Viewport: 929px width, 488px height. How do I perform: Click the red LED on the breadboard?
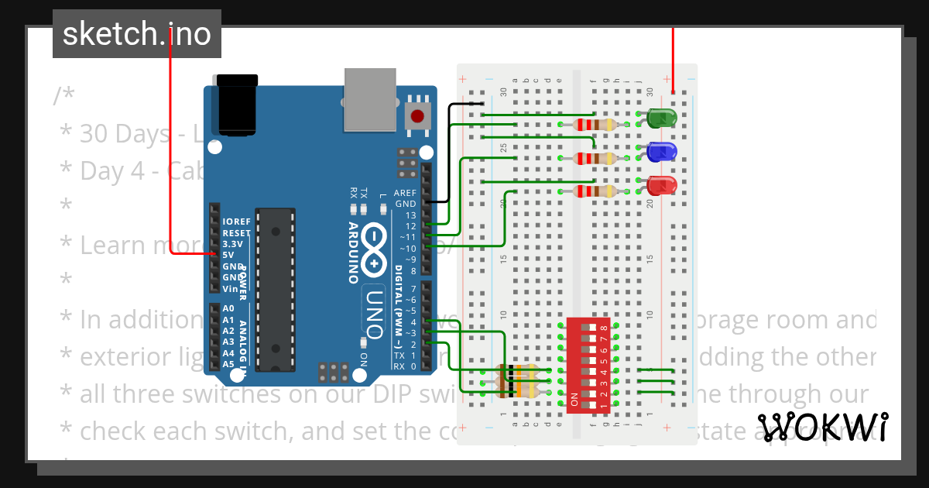pyautogui.click(x=660, y=186)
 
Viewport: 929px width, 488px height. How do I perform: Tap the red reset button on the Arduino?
pyautogui.click(x=418, y=117)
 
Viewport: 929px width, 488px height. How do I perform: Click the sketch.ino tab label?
pyautogui.click(x=137, y=34)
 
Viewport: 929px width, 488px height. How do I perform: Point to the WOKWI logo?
pyautogui.click(x=822, y=427)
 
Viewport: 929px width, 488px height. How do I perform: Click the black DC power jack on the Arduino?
pyautogui.click(x=237, y=105)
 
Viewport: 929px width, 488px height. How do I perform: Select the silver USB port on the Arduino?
pyautogui.click(x=369, y=98)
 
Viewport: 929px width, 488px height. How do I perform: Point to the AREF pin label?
pyautogui.click(x=405, y=193)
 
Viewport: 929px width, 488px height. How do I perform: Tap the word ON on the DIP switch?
pyautogui.click(x=574, y=400)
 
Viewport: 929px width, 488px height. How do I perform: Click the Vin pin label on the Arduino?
pyautogui.click(x=231, y=288)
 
